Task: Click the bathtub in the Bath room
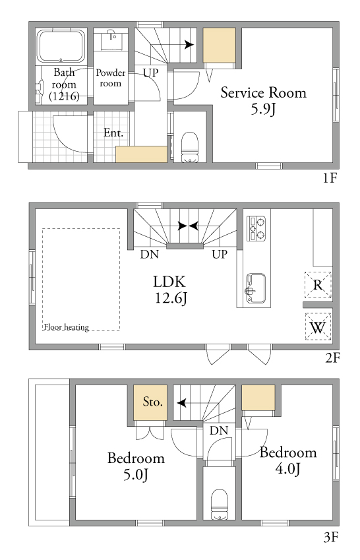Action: [x=61, y=46]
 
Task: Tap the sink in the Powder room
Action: [x=111, y=40]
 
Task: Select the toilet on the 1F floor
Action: [x=190, y=147]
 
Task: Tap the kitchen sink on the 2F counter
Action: [x=255, y=288]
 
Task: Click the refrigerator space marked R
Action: [x=318, y=285]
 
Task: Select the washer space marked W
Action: [x=318, y=327]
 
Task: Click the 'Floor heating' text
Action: [x=67, y=327]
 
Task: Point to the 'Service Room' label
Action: [x=263, y=92]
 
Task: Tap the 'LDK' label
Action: [x=169, y=282]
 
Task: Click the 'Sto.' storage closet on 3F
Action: [x=150, y=402]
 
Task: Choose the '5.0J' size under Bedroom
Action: [x=136, y=475]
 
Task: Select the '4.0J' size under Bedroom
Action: [x=287, y=468]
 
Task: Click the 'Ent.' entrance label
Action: [x=113, y=133]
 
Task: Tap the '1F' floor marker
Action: [x=330, y=177]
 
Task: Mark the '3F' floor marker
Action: [x=331, y=537]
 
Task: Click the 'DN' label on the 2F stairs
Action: [x=149, y=255]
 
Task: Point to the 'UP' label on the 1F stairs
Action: [x=150, y=73]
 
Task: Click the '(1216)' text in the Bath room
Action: [x=64, y=96]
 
